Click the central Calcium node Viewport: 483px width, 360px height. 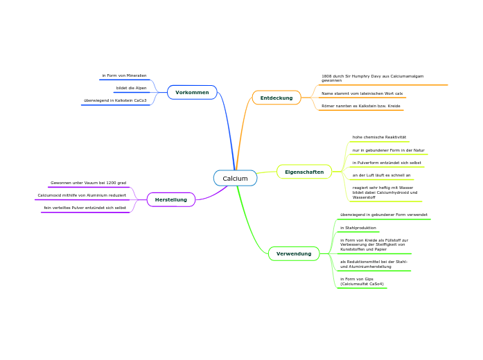click(235, 179)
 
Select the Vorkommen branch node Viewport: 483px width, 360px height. click(192, 92)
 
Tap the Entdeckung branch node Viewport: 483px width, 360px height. click(276, 98)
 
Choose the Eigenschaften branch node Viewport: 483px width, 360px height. click(304, 172)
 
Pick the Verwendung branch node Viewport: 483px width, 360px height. click(294, 254)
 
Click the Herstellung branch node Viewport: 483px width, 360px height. click(171, 199)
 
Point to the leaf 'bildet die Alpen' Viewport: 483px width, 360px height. click(131, 88)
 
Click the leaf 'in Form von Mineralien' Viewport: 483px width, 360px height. click(124, 75)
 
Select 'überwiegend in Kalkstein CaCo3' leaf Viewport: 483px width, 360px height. click(115, 100)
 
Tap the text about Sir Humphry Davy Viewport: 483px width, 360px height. click(373, 78)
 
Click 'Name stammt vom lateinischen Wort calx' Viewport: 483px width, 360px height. click(362, 93)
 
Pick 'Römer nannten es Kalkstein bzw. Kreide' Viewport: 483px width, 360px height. click(361, 106)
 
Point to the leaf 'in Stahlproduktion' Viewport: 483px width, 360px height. click(358, 228)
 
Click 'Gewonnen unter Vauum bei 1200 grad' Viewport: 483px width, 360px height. click(88, 183)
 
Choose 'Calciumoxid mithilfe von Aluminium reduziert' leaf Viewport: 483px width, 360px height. click(82, 195)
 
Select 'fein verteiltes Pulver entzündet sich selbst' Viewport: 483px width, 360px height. click(85, 208)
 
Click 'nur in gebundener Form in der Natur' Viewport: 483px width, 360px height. click(388, 150)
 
